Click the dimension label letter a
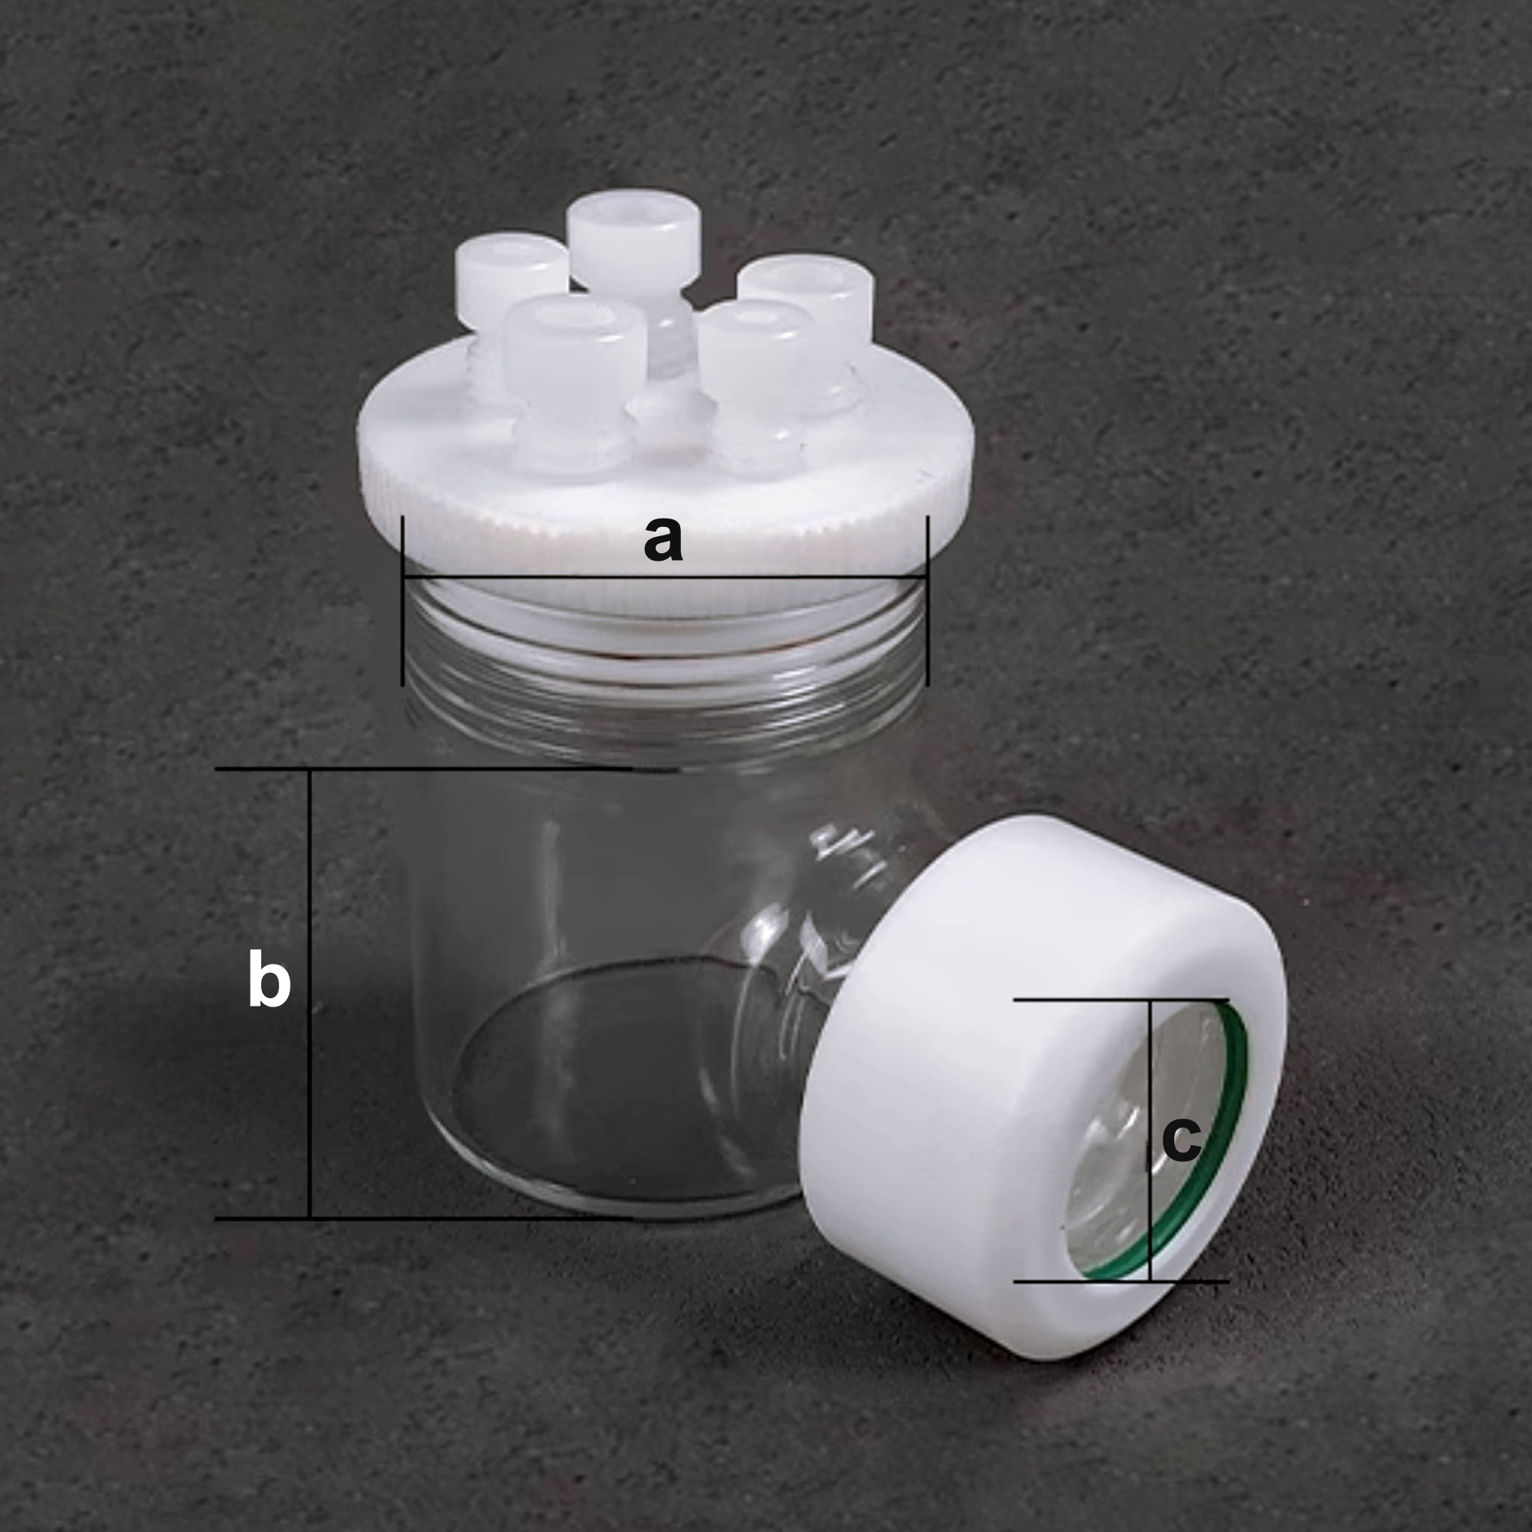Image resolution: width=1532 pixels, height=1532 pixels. click(x=663, y=539)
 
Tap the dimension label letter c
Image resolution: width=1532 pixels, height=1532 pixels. click(x=1180, y=1141)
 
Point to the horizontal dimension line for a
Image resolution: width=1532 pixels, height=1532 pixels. click(x=664, y=578)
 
